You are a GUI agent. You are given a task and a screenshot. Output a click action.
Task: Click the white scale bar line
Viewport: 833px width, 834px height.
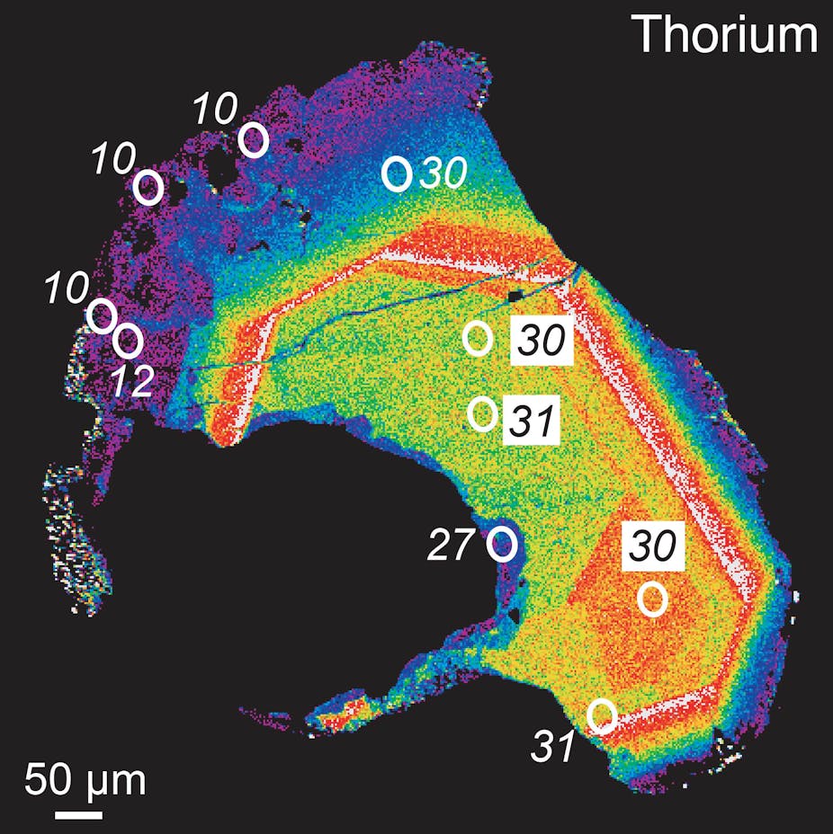point(78,815)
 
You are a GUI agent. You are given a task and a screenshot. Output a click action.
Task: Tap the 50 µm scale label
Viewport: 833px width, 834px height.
point(85,780)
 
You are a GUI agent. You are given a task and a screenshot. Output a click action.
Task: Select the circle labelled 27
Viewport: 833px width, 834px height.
point(501,544)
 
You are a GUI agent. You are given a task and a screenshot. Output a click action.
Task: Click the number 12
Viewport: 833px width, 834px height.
point(134,381)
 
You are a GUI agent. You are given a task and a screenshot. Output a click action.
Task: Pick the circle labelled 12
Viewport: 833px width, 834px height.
point(129,341)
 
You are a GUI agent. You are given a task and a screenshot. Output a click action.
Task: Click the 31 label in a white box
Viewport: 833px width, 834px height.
point(532,419)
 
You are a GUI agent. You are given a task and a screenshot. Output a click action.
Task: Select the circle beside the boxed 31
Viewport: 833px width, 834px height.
point(483,413)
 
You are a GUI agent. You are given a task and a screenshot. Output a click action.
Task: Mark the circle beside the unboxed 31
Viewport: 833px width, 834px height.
point(602,715)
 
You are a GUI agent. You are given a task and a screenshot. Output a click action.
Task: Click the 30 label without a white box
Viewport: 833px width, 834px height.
point(443,174)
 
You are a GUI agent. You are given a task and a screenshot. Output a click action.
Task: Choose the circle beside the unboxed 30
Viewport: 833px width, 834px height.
point(397,173)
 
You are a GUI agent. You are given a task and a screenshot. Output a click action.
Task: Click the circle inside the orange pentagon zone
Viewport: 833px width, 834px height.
point(653,599)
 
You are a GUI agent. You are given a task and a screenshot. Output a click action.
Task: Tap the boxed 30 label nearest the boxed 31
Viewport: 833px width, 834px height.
point(542,342)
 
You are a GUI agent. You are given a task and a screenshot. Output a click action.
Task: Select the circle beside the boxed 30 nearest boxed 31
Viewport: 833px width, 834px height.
point(478,337)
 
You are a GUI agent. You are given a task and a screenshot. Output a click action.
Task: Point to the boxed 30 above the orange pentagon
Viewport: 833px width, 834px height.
point(653,546)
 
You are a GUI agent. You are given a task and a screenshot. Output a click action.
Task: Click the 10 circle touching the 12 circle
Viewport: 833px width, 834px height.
point(101,315)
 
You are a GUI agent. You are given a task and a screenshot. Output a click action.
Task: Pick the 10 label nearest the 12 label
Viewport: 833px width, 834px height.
point(67,288)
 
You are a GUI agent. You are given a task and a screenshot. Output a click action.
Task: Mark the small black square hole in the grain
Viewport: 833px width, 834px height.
point(514,295)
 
